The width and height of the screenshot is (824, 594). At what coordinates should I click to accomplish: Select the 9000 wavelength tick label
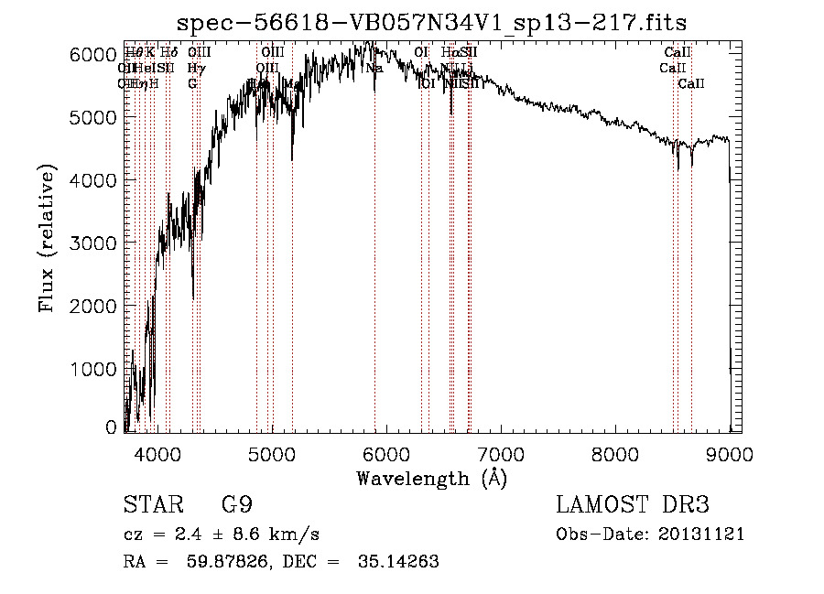730,453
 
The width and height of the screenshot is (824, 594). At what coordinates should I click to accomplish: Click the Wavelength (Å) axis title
431,477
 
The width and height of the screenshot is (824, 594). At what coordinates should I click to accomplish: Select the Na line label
374,68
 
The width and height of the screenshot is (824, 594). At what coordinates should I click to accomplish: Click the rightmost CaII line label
691,83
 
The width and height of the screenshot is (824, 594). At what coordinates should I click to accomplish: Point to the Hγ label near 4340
195,68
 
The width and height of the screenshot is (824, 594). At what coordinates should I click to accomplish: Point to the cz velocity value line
221,535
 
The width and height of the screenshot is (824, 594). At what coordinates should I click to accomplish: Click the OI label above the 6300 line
421,52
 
